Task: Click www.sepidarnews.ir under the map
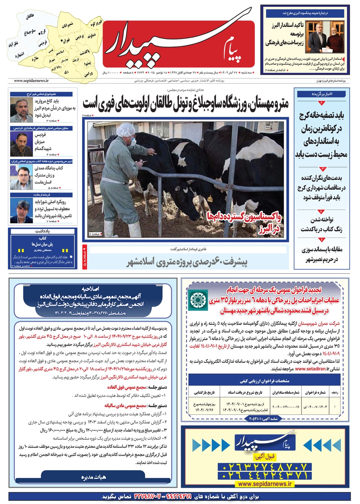(31, 81)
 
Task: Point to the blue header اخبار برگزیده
(322, 94)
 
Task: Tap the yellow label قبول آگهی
(265, 457)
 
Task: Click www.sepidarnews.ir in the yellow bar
(265, 484)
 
